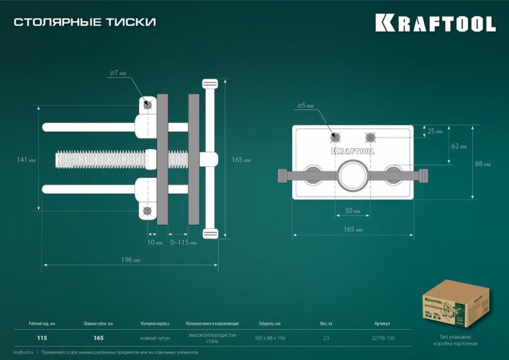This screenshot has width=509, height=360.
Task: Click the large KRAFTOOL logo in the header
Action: click(435, 23)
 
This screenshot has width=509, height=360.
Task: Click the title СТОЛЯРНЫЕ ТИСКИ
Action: click(85, 22)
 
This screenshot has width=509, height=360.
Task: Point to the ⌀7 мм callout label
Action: click(119, 73)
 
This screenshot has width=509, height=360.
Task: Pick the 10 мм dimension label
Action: click(154, 243)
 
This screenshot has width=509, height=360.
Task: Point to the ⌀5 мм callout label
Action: click(305, 106)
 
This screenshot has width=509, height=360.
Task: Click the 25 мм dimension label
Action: click(436, 131)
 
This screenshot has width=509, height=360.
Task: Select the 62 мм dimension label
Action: click(459, 146)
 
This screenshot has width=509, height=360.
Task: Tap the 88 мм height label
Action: click(483, 164)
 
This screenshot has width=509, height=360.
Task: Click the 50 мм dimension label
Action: click(353, 211)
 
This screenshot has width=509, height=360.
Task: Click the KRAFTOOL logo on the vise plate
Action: click(353, 151)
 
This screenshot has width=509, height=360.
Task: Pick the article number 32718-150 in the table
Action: click(384, 338)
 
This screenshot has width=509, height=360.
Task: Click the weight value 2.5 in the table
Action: click(326, 338)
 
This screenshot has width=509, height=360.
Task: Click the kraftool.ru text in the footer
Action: click(25, 352)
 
